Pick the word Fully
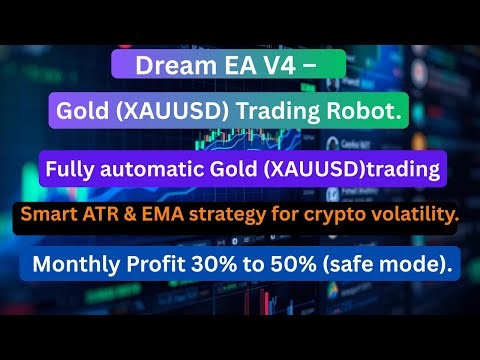[x=71, y=169]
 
